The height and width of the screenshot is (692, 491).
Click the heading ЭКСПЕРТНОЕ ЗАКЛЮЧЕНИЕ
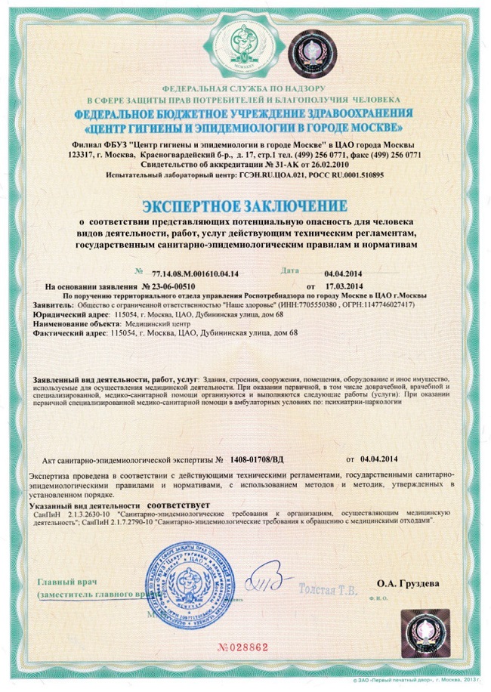point(246,205)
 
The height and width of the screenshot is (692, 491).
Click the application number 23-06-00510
point(173,287)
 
